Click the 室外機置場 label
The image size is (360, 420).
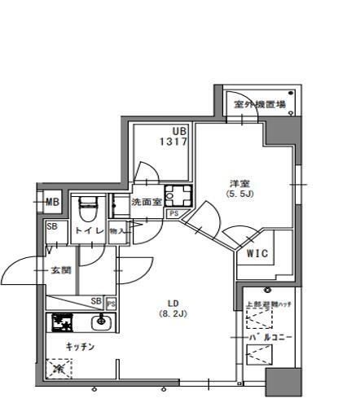tap(258, 104)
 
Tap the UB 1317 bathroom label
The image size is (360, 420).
tap(179, 136)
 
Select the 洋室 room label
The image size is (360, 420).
tap(237, 183)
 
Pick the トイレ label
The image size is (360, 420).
tap(89, 231)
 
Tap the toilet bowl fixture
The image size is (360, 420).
tap(88, 209)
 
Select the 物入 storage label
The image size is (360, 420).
tap(117, 231)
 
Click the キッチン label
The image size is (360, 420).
tap(81, 347)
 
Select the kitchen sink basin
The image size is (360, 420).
tap(100, 322)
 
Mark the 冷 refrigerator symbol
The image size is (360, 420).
tap(59, 370)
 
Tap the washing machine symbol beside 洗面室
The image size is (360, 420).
tap(175, 196)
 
